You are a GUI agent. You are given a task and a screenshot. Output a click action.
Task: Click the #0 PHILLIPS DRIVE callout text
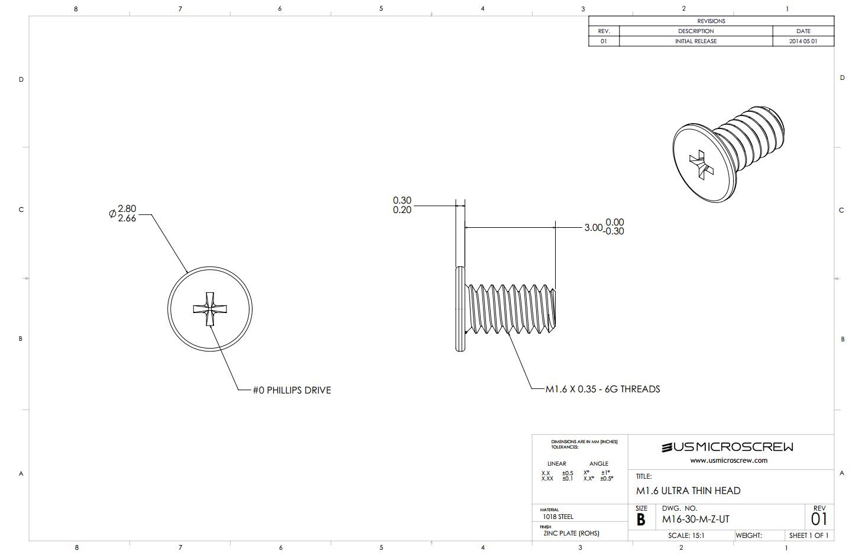pos(292,391)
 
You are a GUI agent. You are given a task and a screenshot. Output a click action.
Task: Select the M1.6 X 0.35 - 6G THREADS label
pos(602,389)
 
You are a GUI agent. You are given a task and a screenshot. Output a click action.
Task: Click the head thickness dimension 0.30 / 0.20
pos(402,205)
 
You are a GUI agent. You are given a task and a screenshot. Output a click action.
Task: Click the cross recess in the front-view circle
pos(210,309)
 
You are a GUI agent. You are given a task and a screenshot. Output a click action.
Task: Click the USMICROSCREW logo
pos(728,447)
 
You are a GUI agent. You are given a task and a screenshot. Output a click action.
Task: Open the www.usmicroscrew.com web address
pos(728,460)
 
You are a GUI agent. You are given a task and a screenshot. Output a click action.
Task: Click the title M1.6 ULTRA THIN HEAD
pos(688,491)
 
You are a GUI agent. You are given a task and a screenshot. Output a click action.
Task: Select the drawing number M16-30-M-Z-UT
pos(695,520)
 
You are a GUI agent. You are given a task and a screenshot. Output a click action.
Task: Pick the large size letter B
pos(641,520)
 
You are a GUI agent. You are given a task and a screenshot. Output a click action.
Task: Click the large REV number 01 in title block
pos(819,520)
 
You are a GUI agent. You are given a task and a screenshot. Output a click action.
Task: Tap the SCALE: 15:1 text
pos(686,536)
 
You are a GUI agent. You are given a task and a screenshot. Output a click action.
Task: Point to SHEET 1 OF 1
pos(808,536)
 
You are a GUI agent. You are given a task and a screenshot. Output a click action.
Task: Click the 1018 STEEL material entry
pos(558,517)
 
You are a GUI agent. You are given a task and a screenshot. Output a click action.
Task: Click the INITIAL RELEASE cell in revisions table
pos(696,41)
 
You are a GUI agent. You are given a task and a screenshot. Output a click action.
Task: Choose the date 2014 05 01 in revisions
pos(803,41)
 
